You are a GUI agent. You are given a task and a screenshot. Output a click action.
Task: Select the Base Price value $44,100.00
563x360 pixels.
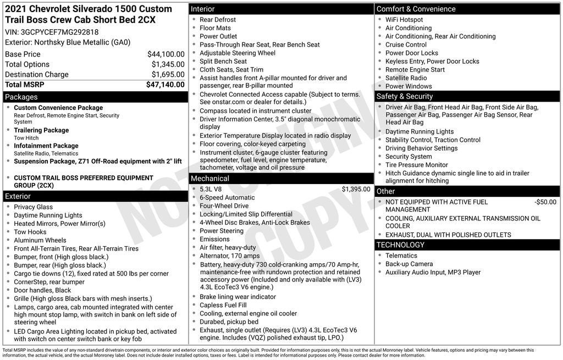pyautogui.click(x=165, y=54)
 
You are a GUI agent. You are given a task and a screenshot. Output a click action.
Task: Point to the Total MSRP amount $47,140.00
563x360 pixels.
pyautogui.click(x=165, y=85)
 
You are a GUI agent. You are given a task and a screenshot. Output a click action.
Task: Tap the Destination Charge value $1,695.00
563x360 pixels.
pyautogui.click(x=168, y=75)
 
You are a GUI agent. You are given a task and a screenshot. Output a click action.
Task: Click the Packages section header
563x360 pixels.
pyautogui.click(x=21, y=97)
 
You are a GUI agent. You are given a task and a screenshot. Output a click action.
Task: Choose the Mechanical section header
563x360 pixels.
pyautogui.click(x=210, y=179)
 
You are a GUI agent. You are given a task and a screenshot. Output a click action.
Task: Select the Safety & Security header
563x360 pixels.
pyautogui.click(x=405, y=97)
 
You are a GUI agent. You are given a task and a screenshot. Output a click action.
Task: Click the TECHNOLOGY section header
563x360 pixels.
pyautogui.click(x=400, y=245)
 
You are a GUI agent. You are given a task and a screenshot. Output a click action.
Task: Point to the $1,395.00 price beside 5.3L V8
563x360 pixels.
pyautogui.click(x=356, y=189)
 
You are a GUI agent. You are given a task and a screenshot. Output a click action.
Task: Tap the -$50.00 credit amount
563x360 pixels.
pyautogui.click(x=545, y=202)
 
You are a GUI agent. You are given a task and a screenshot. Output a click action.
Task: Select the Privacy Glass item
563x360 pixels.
pyautogui.click(x=34, y=207)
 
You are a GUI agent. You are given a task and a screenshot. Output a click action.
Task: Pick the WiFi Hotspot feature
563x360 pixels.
pyautogui.click(x=404, y=20)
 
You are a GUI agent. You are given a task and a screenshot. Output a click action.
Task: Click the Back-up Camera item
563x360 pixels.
pyautogui.click(x=409, y=264)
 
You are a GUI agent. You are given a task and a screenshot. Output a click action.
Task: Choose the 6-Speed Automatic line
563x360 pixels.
pyautogui.click(x=227, y=198)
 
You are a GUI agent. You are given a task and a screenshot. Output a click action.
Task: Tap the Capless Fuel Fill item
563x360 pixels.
pyautogui.click(x=223, y=305)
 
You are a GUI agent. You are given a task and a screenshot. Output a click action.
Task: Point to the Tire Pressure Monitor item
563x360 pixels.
pyautogui.click(x=417, y=165)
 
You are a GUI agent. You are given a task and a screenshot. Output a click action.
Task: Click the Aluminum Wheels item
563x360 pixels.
pyautogui.click(x=40, y=240)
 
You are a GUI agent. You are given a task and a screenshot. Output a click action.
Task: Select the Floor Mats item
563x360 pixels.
pyautogui.click(x=216, y=28)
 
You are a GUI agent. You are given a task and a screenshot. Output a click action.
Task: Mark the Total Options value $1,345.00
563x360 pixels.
pyautogui.click(x=168, y=65)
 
